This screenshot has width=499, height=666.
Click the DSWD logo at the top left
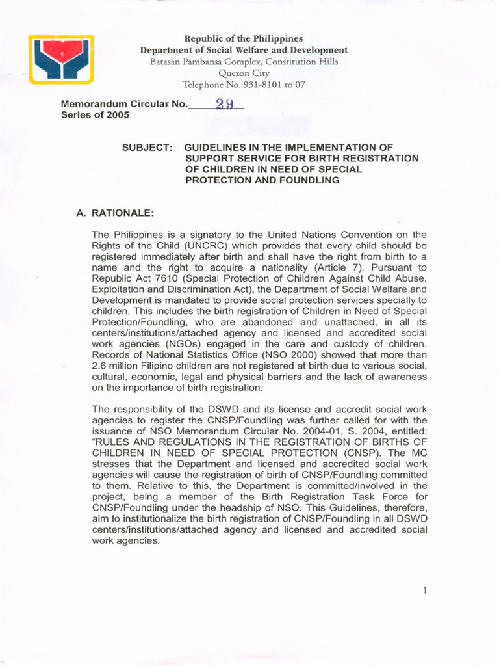[x=61, y=59]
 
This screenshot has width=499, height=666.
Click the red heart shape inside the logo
[x=61, y=50]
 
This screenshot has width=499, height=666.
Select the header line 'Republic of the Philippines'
[x=244, y=39]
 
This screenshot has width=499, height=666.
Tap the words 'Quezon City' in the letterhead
[x=244, y=73]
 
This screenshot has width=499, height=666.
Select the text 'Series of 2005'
[x=95, y=115]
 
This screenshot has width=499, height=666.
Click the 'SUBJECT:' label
[x=147, y=148]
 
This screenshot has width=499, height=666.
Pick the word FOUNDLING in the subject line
[x=309, y=180]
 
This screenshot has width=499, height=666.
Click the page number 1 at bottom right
[x=424, y=591]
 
